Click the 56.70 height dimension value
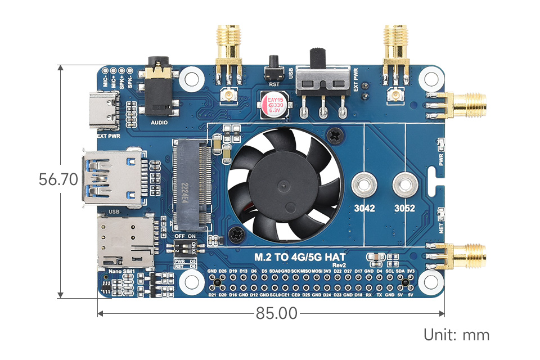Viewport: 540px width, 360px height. point(58,180)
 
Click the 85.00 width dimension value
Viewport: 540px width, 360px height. point(276,313)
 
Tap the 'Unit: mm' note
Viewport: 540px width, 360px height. point(456,335)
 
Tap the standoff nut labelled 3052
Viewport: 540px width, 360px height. point(404,184)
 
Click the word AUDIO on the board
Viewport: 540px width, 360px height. point(160,122)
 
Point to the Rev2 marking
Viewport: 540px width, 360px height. point(340,265)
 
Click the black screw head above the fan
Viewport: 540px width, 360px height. point(336,134)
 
